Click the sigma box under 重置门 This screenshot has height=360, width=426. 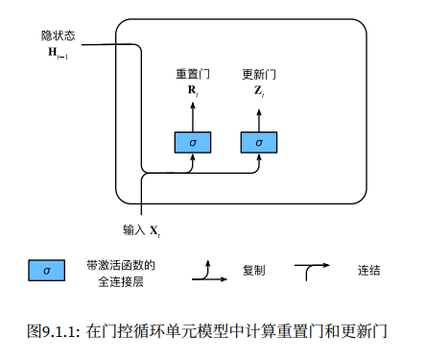[192, 142]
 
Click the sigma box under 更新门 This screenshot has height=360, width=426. [257, 142]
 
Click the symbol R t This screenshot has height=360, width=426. [192, 91]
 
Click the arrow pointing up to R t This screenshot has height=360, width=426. [192, 115]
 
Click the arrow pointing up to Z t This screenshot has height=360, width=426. [257, 115]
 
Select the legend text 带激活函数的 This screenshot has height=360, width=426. [121, 264]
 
